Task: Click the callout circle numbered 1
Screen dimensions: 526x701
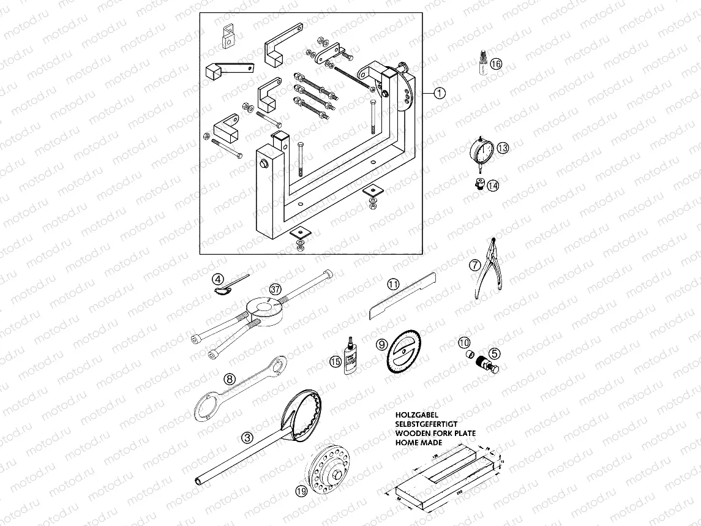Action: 439,93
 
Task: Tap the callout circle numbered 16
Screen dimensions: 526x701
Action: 496,64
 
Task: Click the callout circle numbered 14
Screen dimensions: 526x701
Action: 493,185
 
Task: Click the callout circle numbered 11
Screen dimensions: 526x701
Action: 392,284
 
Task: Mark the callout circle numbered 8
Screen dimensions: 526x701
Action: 229,379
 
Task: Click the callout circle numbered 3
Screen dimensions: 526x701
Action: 247,437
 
